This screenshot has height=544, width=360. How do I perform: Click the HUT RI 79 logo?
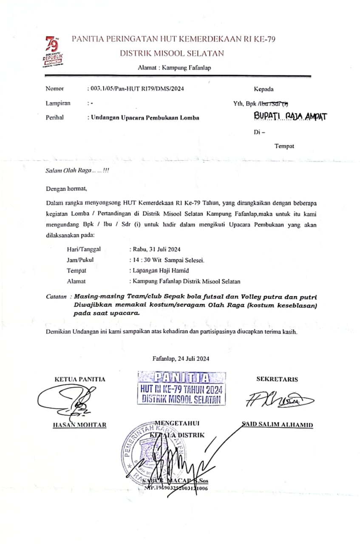tap(52, 52)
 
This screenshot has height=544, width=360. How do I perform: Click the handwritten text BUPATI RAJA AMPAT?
tap(290, 116)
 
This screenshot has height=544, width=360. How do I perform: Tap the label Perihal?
tap(54, 118)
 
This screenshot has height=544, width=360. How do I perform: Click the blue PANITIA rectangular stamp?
tap(181, 388)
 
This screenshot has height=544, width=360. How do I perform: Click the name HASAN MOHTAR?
tap(79, 425)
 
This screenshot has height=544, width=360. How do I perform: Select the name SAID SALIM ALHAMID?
tap(277, 425)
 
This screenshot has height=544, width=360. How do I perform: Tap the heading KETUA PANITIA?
tap(79, 379)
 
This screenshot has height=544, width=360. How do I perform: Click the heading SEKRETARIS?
tap(277, 379)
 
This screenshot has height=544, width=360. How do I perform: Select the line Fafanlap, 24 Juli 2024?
tap(181, 358)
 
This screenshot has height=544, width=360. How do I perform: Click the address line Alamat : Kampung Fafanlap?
tap(174, 68)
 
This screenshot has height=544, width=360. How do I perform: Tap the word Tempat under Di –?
tap(284, 146)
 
